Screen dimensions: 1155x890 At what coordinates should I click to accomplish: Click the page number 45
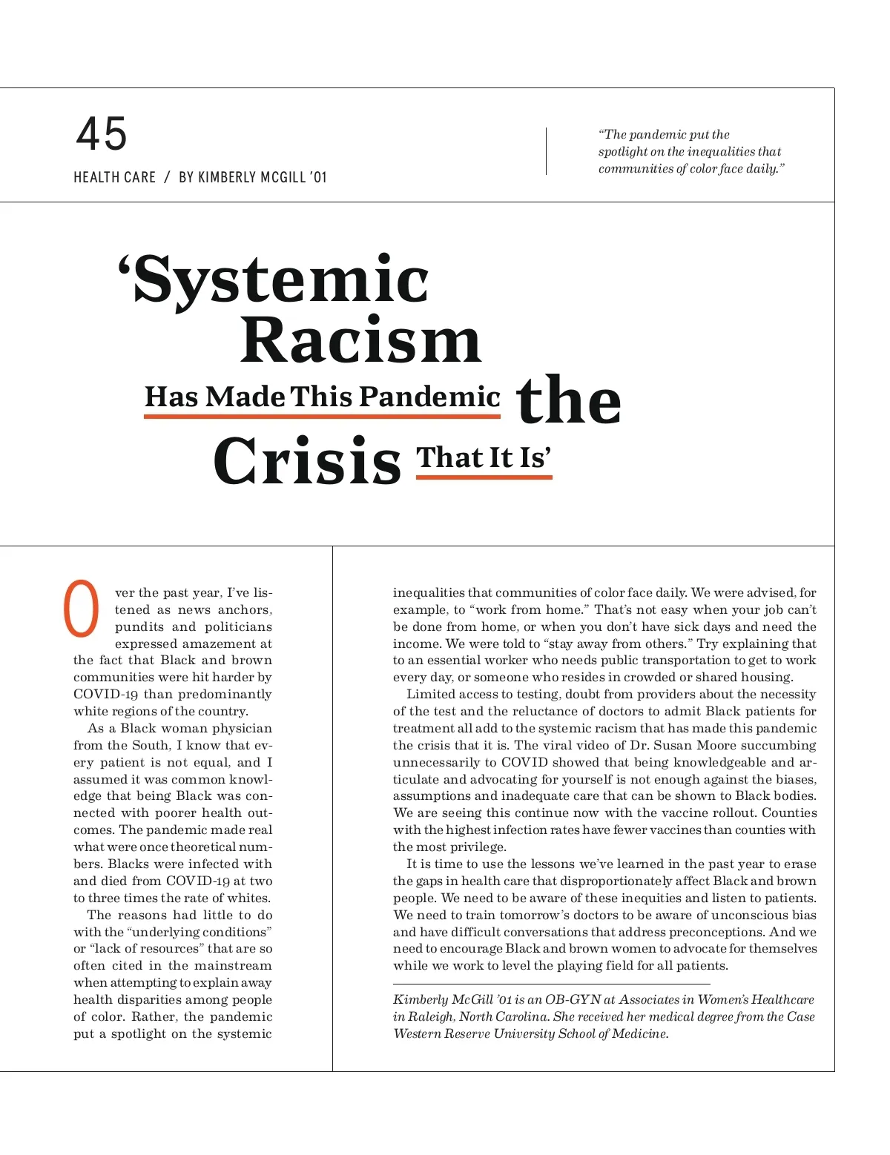tap(102, 134)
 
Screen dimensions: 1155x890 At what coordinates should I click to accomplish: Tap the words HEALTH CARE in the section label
tap(114, 178)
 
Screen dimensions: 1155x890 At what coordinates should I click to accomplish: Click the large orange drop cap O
tap(82, 609)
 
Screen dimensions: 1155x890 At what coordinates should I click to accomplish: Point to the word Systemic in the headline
tap(281, 280)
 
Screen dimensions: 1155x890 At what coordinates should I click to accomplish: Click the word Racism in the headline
tap(360, 342)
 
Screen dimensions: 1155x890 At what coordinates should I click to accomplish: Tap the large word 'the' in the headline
tap(568, 400)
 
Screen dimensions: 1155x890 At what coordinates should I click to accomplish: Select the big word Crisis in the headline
tap(307, 461)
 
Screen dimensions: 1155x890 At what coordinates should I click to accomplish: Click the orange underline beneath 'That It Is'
tap(484, 477)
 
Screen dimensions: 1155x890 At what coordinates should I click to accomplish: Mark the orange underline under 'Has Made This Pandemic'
tap(322, 417)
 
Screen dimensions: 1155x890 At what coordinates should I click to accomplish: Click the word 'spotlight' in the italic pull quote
tap(622, 152)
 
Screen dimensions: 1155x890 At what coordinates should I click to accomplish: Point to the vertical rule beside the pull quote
tap(547, 151)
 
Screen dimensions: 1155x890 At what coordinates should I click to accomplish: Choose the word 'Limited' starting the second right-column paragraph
tap(431, 695)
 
